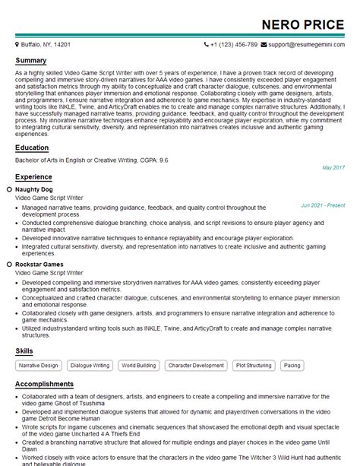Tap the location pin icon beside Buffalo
click(x=17, y=45)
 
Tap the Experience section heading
click(x=33, y=176)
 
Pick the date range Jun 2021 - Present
click(x=322, y=205)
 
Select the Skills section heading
click(x=24, y=350)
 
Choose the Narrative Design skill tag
click(x=39, y=366)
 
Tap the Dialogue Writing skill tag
click(x=90, y=366)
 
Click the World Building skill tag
click(x=138, y=366)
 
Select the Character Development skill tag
click(x=196, y=366)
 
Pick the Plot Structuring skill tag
click(x=254, y=366)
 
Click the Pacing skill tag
click(x=292, y=366)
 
